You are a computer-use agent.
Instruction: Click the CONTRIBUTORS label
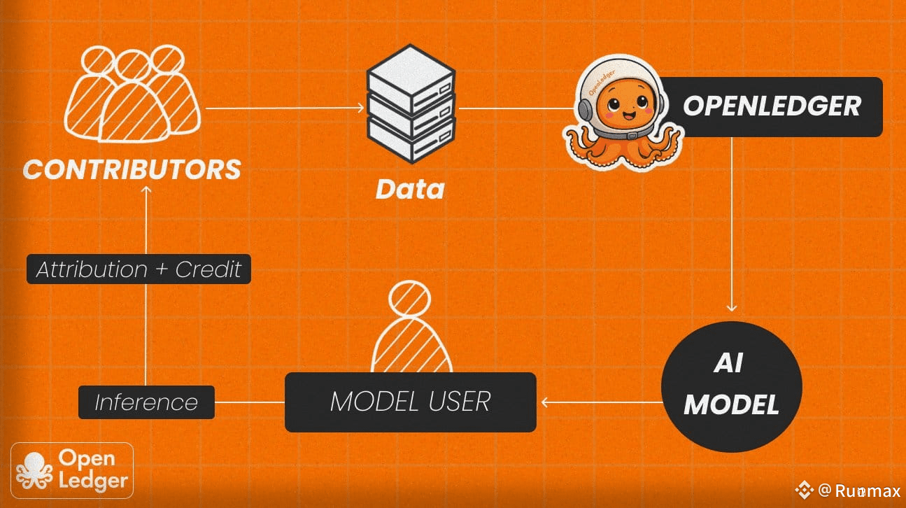[132, 169]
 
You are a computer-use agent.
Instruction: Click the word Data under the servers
[410, 189]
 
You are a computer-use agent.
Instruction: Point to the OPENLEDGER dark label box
[772, 106]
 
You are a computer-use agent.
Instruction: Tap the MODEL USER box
[410, 402]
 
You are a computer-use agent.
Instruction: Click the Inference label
[146, 402]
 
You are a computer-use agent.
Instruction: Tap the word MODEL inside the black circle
[731, 404]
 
